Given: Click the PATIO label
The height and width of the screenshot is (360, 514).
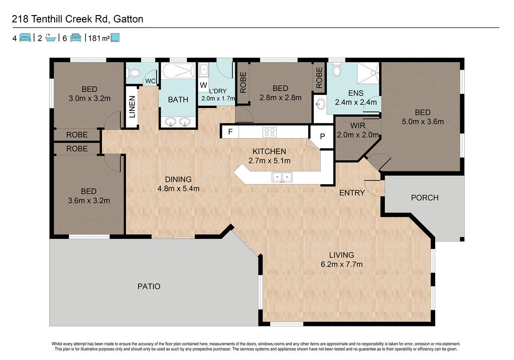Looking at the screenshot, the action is pyautogui.click(x=149, y=286).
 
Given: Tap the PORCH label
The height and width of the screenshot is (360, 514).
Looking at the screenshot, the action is pyautogui.click(x=425, y=198).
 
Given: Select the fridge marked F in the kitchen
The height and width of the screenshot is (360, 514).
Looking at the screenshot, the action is pyautogui.click(x=230, y=132).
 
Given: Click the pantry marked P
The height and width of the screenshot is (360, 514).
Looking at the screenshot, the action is pyautogui.click(x=322, y=136).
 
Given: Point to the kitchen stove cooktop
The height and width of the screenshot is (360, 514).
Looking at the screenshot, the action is pyautogui.click(x=270, y=132).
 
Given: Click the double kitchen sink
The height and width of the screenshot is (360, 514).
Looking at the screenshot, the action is pyautogui.click(x=282, y=177).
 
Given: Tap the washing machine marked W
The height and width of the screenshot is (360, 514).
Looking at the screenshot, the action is pyautogui.click(x=203, y=85).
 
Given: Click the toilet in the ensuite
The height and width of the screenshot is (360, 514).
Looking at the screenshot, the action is pyautogui.click(x=337, y=69).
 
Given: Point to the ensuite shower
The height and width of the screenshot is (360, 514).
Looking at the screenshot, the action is pyautogui.click(x=368, y=73).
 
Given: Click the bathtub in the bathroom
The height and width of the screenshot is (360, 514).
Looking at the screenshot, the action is pyautogui.click(x=179, y=71).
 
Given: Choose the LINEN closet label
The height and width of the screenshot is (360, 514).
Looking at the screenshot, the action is pyautogui.click(x=132, y=107).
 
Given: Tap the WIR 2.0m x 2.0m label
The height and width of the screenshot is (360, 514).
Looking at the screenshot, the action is pyautogui.click(x=357, y=130).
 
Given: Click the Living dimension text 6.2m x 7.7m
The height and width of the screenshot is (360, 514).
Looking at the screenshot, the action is pyautogui.click(x=341, y=264).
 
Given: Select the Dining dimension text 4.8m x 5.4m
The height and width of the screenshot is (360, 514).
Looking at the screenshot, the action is pyautogui.click(x=178, y=188).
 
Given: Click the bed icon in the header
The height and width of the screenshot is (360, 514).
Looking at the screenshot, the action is pyautogui.click(x=25, y=38).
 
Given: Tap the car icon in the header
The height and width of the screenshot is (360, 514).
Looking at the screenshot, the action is pyautogui.click(x=75, y=38).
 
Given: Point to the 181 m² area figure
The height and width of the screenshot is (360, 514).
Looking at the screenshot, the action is pyautogui.click(x=99, y=38).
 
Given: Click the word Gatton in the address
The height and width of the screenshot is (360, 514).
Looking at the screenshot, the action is pyautogui.click(x=128, y=19).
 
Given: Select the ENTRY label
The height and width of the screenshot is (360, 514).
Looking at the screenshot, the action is pyautogui.click(x=352, y=193).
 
